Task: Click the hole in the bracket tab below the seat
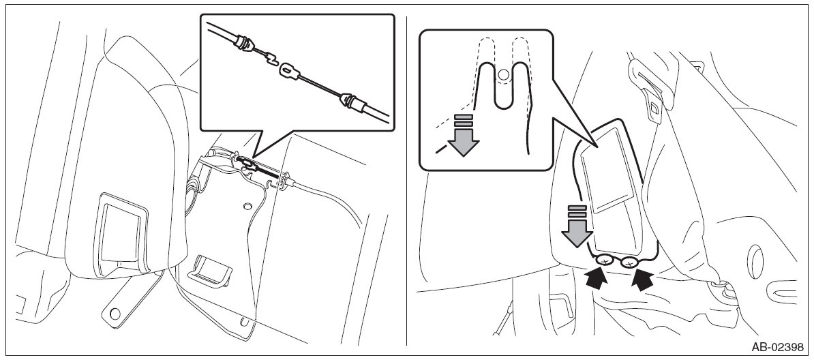click(114, 312)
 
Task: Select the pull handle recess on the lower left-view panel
click(211, 270)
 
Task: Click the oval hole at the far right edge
click(755, 260)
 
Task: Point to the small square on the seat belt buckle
click(653, 108)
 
